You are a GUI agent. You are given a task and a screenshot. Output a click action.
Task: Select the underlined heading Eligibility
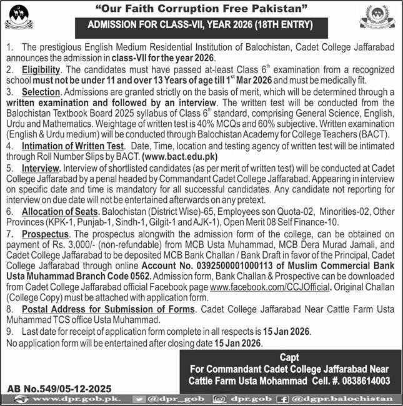pos(41,69)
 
